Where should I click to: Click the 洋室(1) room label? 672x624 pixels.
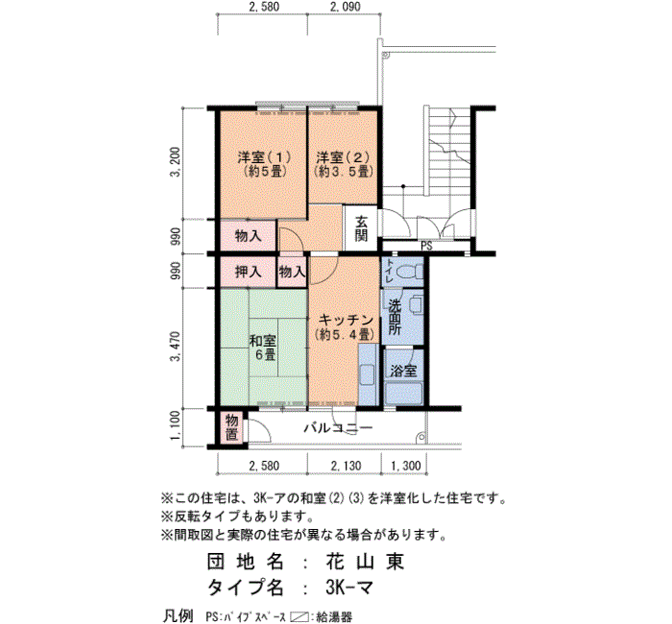coord(264,157)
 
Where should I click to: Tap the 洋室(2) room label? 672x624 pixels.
coord(343,157)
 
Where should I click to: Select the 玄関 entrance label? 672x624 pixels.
coord(361,228)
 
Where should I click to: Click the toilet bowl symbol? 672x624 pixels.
coord(409,272)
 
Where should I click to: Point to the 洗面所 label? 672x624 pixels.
coord(395,317)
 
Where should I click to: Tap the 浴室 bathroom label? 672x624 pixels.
coord(403,371)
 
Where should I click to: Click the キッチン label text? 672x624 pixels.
coord(347,320)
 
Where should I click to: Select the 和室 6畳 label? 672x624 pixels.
coord(263,348)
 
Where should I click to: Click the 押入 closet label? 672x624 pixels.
coord(248,272)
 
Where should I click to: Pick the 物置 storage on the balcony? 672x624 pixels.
coord(232,427)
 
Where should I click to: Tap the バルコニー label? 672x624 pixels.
coord(339,428)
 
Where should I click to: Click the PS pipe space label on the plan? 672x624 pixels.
coord(427,247)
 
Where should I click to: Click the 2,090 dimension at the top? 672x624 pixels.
coord(346,7)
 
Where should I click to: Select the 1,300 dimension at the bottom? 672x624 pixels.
coord(406,466)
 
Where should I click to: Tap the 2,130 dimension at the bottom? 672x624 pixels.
coord(346,466)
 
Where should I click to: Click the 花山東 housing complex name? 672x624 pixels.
coord(365,562)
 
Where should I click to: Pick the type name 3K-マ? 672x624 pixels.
coord(349,588)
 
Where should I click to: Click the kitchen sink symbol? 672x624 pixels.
coord(368,374)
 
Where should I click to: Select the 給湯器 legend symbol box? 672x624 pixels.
coord(300,617)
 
